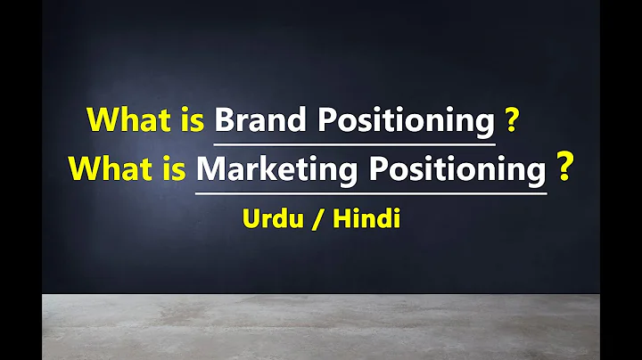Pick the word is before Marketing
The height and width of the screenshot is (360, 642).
(176, 168)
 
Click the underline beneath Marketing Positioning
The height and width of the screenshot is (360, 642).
(371, 189)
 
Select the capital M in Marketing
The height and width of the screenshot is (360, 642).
(210, 168)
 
